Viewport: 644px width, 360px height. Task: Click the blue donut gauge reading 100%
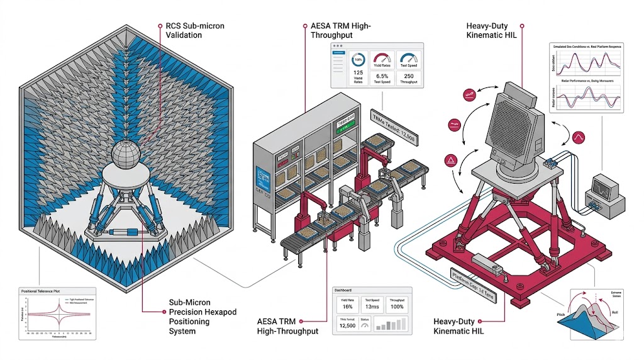pos(358,60)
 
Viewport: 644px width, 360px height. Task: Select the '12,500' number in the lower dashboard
pos(348,325)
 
